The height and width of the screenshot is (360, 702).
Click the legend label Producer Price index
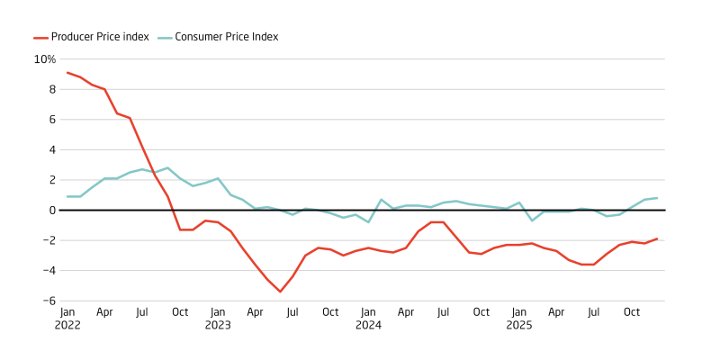point(99,37)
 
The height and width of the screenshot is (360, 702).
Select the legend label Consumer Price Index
point(226,37)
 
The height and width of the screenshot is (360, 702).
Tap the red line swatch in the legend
point(40,37)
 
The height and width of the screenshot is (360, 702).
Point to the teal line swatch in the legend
point(164,37)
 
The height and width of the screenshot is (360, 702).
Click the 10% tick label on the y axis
point(45,59)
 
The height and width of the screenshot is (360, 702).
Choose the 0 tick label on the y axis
point(52,210)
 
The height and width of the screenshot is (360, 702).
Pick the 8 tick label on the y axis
point(52,89)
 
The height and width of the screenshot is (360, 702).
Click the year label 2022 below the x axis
point(67,325)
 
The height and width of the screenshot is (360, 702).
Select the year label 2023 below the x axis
point(218,325)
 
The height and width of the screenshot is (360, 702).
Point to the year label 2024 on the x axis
point(368,325)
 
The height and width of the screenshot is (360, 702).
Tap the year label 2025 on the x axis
point(518,325)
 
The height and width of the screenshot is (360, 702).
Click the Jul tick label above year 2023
point(292,312)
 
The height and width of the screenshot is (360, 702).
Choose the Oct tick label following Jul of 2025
point(632,312)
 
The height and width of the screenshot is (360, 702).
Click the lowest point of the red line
point(280,292)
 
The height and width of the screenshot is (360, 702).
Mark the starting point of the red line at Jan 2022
point(67,73)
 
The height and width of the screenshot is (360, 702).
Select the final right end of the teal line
point(657,198)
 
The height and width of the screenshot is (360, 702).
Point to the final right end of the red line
point(657,238)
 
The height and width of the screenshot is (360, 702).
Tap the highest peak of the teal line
point(167,167)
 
